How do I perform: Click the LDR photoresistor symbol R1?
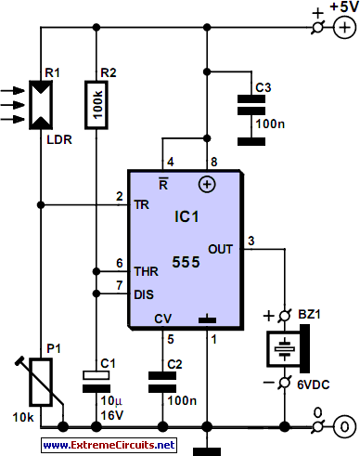tap(41, 105)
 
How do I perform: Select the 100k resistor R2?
tap(96, 105)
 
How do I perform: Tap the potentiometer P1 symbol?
tap(41, 382)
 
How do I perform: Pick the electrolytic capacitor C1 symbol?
tap(96, 382)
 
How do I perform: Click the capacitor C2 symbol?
tap(162, 382)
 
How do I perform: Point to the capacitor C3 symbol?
tap(251, 105)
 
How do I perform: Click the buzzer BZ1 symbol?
tap(288, 349)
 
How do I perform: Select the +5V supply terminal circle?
tap(344, 28)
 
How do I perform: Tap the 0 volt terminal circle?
tap(344, 427)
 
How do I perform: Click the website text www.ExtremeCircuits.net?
tap(109, 445)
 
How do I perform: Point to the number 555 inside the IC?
tap(186, 262)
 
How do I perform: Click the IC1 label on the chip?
tap(186, 216)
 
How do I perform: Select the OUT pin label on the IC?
tap(220, 249)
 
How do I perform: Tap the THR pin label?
tap(147, 272)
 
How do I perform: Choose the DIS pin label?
tap(144, 294)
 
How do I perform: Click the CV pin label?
tap(162, 319)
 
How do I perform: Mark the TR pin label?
tap(142, 204)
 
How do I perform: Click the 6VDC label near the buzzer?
tap(314, 384)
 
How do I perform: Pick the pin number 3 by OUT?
tap(251, 241)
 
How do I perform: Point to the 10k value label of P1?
tap(23, 417)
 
